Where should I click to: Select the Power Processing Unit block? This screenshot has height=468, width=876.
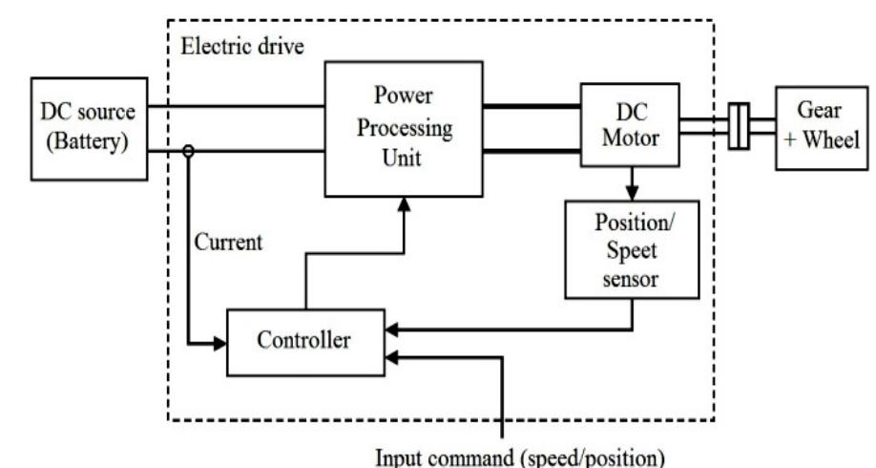(x=404, y=126)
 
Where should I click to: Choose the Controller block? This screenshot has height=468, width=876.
(x=304, y=341)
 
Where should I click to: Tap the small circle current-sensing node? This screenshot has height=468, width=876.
(x=189, y=150)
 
